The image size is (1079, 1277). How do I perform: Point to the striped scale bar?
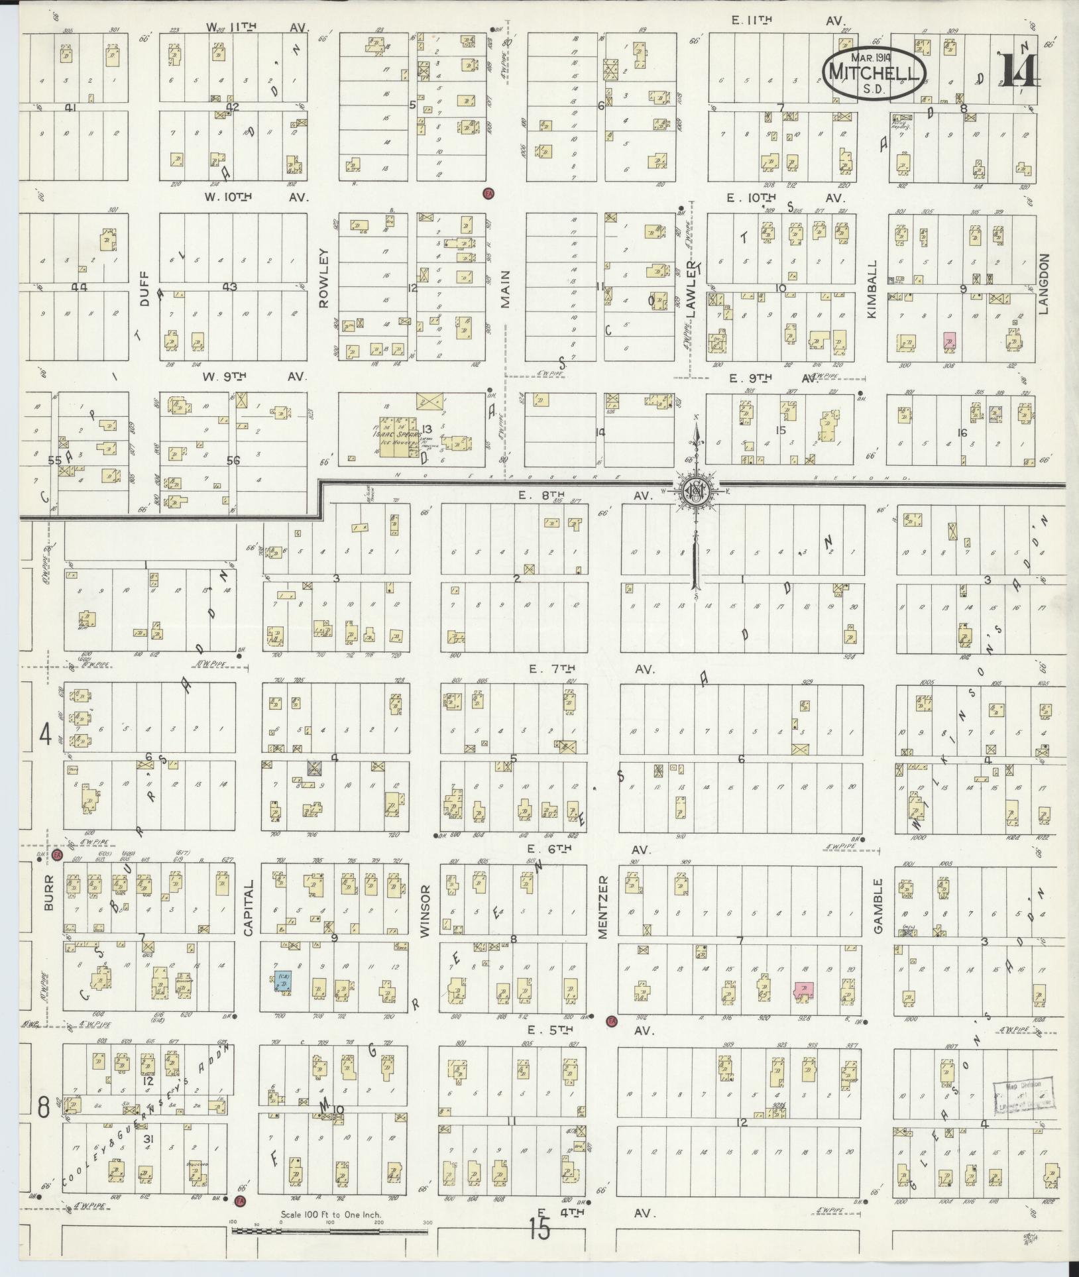point(329,1231)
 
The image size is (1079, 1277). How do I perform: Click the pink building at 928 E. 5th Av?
point(805,992)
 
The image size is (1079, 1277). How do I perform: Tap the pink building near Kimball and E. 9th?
point(949,341)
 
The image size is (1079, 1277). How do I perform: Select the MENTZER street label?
point(602,906)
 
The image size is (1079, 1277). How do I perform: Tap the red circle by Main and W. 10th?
point(488,193)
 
